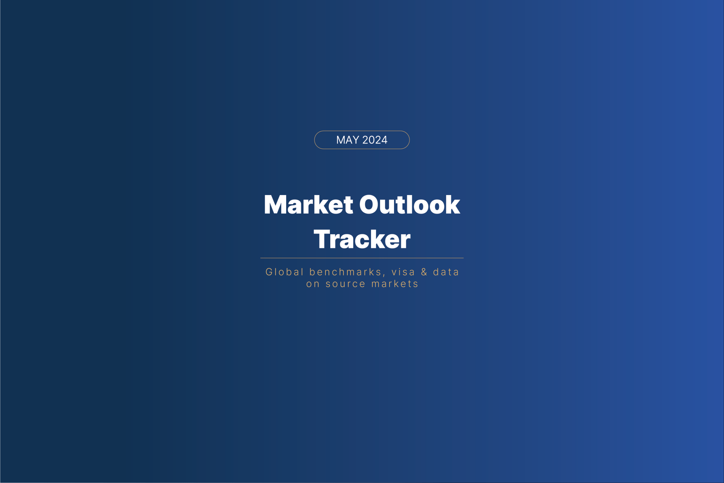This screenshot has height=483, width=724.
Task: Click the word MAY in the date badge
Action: [x=348, y=140]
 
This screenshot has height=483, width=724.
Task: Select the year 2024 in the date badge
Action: [x=375, y=140]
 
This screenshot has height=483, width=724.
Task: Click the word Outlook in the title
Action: [x=410, y=205]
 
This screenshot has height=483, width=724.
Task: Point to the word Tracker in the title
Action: [x=362, y=239]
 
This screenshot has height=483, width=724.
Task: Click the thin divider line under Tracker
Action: [x=362, y=258]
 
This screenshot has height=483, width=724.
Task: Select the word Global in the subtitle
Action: [x=285, y=272]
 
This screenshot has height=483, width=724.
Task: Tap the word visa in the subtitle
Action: [x=403, y=272]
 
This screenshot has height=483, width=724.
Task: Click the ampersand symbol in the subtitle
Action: [x=424, y=272]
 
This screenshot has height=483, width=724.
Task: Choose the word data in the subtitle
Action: [x=446, y=272]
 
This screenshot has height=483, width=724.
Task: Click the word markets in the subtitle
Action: [x=395, y=284]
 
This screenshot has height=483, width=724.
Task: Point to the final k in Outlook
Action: [x=452, y=205]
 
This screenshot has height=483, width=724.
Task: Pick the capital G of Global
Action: [x=269, y=272]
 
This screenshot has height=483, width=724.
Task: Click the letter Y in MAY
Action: [x=355, y=140]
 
